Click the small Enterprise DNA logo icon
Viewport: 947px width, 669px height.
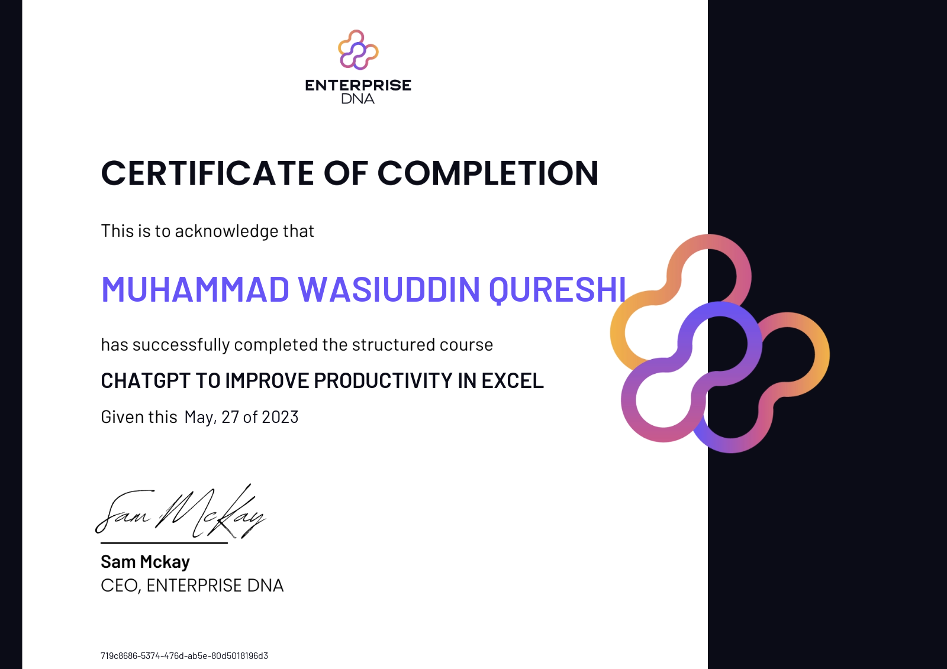pos(358,50)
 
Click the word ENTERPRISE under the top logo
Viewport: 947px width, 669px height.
pos(358,85)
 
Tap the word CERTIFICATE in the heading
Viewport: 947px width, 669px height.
pos(207,173)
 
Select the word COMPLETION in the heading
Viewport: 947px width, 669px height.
pos(488,173)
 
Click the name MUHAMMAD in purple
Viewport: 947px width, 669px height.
pos(195,289)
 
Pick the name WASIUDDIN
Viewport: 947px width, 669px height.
pos(389,289)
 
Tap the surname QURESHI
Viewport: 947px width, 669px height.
pos(557,290)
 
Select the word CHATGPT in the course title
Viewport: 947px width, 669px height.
pos(146,380)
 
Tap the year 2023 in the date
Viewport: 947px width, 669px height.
pos(280,416)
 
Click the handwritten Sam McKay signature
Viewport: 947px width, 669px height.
pos(181,512)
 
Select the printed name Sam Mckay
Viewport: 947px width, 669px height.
pos(145,562)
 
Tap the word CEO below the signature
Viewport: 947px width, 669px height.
pos(121,586)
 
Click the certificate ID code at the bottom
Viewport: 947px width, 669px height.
pos(184,655)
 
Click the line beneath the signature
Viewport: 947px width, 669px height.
pos(164,542)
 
